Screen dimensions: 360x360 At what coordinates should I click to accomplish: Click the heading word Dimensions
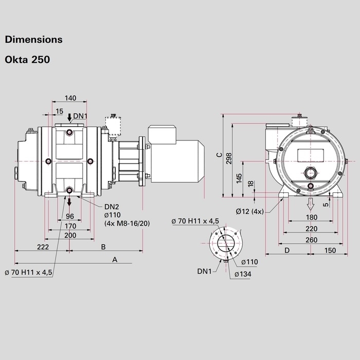pyautogui.click(x=33, y=39)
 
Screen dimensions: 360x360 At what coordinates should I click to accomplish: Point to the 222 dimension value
pyautogui.click(x=43, y=247)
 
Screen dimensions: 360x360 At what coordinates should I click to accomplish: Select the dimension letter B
pyautogui.click(x=103, y=247)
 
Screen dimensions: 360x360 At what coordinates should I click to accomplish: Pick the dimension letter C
pyautogui.click(x=219, y=154)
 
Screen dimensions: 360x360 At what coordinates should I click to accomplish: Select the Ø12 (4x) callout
pyautogui.click(x=250, y=211)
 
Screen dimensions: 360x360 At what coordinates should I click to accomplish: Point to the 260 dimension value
pyautogui.click(x=310, y=239)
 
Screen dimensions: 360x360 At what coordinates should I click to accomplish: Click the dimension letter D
pyautogui.click(x=287, y=250)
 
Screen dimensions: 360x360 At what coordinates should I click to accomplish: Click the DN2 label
pyautogui.click(x=112, y=207)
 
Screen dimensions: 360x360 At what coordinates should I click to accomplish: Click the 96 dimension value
pyautogui.click(x=70, y=215)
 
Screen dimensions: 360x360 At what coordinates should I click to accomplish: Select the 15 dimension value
pyautogui.click(x=59, y=112)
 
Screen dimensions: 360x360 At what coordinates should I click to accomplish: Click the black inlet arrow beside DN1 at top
pyautogui.click(x=69, y=117)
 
